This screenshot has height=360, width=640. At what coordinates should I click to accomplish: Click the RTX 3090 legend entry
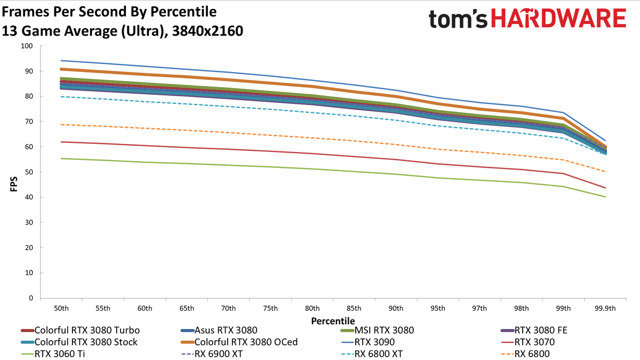pyautogui.click(x=368, y=342)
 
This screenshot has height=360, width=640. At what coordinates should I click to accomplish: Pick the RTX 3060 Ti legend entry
pyautogui.click(x=53, y=354)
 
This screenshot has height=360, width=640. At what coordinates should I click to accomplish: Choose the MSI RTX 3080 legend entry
pyautogui.click(x=378, y=330)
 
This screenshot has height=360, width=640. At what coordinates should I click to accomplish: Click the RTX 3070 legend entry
pyautogui.click(x=528, y=342)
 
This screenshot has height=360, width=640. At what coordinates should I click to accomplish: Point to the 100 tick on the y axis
pyautogui.click(x=27, y=46)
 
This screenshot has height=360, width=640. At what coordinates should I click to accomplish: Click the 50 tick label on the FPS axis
pyautogui.click(x=29, y=172)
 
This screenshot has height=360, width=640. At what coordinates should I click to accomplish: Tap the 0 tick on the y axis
pyautogui.click(x=31, y=298)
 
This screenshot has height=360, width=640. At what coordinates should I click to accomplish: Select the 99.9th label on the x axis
pyautogui.click(x=605, y=308)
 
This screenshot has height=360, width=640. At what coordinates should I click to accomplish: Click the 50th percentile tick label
pyautogui.click(x=61, y=308)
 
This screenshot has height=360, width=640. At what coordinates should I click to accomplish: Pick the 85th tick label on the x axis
pyautogui.click(x=354, y=308)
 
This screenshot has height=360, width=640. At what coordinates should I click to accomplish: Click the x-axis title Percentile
pyautogui.click(x=333, y=321)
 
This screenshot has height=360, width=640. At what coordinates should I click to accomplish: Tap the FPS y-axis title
pyautogui.click(x=14, y=184)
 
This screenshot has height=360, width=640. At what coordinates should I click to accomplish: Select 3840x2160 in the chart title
pyautogui.click(x=207, y=31)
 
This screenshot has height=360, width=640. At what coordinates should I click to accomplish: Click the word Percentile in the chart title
pyautogui.click(x=183, y=12)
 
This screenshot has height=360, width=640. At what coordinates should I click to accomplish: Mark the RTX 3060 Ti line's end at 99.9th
pyautogui.click(x=605, y=197)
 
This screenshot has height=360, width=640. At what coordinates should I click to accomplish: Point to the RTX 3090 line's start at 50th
pyautogui.click(x=61, y=61)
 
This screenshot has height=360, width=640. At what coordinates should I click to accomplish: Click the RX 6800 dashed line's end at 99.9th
pyautogui.click(x=605, y=172)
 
